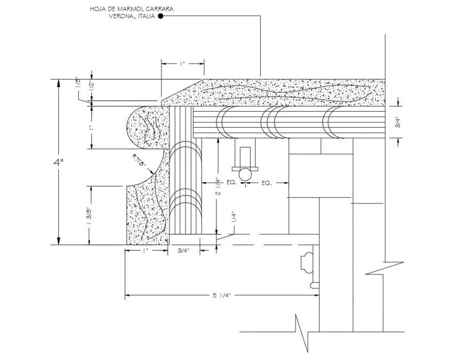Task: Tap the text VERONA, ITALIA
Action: click(132, 16)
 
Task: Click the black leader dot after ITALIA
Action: click(160, 17)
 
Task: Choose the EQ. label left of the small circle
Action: click(231, 183)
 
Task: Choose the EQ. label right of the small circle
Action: click(266, 183)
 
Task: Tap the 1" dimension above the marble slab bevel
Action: click(182, 64)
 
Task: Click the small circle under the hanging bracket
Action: click(245, 174)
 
